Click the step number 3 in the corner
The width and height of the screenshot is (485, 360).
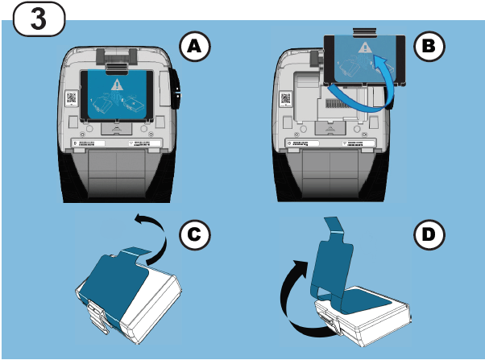[35, 19]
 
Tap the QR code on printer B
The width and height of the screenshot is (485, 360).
[286, 100]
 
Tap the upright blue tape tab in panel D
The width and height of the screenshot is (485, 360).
[338, 250]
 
